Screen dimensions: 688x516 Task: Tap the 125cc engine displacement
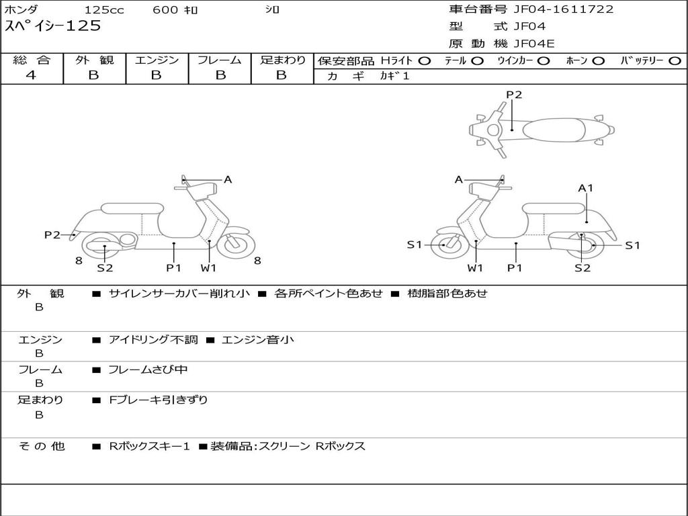(x=104, y=9)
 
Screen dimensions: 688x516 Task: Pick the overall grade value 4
(x=31, y=75)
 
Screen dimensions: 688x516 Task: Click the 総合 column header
(x=31, y=60)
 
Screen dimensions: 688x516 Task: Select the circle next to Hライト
(x=425, y=60)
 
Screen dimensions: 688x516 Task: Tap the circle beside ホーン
(x=599, y=60)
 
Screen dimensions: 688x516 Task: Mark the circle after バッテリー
(x=675, y=60)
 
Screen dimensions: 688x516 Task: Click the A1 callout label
(x=586, y=188)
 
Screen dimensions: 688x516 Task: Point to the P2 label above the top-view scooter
(x=514, y=95)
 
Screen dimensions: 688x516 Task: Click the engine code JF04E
(x=534, y=44)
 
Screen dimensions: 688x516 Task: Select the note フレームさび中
(x=148, y=370)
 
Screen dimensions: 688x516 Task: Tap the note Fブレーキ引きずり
(x=159, y=400)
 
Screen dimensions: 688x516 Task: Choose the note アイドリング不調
(x=153, y=340)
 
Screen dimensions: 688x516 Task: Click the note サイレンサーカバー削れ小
(x=179, y=293)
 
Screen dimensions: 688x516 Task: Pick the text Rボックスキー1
(x=150, y=446)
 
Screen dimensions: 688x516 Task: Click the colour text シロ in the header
(x=272, y=9)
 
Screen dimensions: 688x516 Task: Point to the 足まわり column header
(x=282, y=60)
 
